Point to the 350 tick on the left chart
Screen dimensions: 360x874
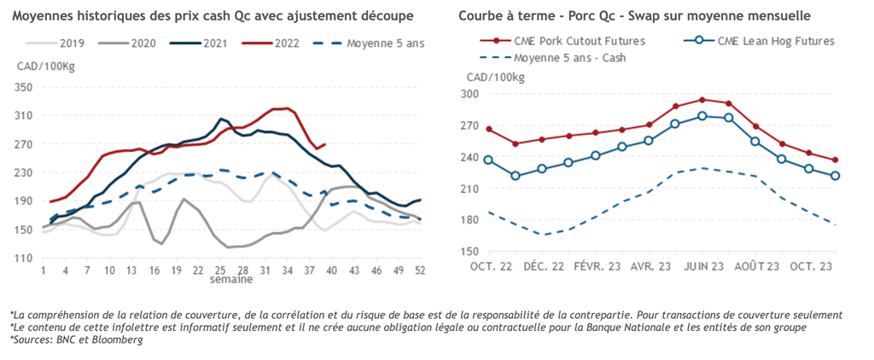[x=23, y=87]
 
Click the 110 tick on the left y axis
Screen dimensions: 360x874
[x=23, y=258]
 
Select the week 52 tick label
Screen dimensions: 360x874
[x=419, y=270]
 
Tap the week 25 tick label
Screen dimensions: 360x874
[x=219, y=270]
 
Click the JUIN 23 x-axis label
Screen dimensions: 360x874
[x=702, y=267]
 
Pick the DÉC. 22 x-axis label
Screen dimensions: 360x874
[x=544, y=267]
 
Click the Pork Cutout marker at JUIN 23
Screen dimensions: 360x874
[x=702, y=100]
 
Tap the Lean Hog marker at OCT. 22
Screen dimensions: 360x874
[x=488, y=160]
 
